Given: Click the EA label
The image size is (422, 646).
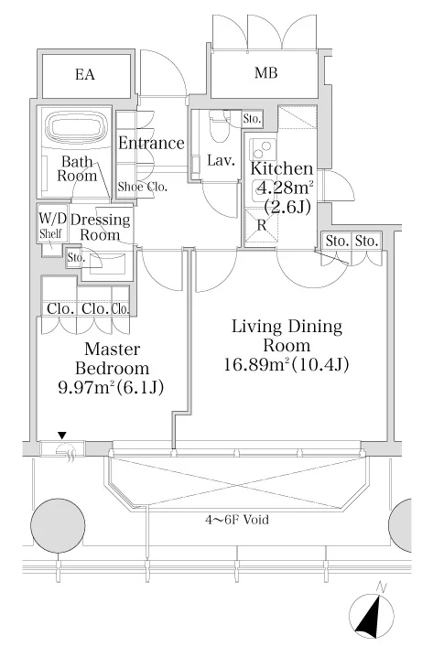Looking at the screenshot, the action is click(x=85, y=74).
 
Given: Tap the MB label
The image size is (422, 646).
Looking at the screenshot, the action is click(x=265, y=73).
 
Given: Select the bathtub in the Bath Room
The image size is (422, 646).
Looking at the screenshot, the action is click(x=76, y=126).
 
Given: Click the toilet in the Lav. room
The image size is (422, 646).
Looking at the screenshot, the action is click(x=220, y=128).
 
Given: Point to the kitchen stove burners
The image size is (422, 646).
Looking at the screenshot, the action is click(x=263, y=149).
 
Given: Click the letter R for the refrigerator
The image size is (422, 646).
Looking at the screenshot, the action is click(x=261, y=225).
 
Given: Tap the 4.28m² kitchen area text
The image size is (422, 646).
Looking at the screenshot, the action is click(x=285, y=188).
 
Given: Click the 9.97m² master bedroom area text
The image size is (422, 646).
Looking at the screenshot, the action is click(x=86, y=387).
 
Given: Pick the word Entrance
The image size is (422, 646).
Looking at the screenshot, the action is click(x=151, y=143).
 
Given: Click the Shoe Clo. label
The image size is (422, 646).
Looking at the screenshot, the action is click(x=143, y=187).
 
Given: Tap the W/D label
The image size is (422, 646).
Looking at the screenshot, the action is click(x=52, y=218).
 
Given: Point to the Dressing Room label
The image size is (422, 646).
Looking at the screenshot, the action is click(x=100, y=227).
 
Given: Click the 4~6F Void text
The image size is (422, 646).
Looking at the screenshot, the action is click(x=237, y=520).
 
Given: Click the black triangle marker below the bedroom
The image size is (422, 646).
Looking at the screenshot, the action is click(x=62, y=435).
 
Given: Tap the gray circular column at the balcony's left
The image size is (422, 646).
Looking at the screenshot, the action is click(x=58, y=523).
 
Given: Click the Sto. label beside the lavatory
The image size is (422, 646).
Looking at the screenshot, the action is click(x=252, y=119).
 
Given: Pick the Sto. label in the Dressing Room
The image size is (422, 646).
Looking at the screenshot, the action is click(x=76, y=258).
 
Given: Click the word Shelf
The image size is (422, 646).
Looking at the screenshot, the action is click(x=50, y=234).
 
